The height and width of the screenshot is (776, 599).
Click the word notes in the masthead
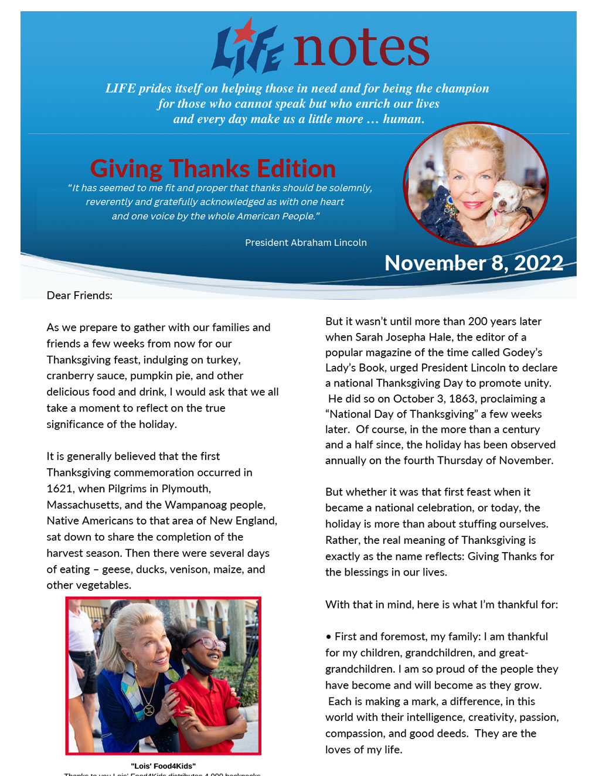(x=361, y=48)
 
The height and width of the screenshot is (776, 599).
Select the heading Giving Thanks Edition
(x=213, y=169)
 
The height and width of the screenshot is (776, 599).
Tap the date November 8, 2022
(x=474, y=263)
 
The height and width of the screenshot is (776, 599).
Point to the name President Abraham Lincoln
(x=305, y=243)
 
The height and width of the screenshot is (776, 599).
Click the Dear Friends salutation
(x=80, y=295)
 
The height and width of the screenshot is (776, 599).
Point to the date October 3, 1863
(x=455, y=399)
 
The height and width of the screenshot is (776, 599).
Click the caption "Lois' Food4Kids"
(x=163, y=765)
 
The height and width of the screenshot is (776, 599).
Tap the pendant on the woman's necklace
(x=148, y=709)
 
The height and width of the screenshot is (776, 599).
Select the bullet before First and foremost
(x=328, y=637)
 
